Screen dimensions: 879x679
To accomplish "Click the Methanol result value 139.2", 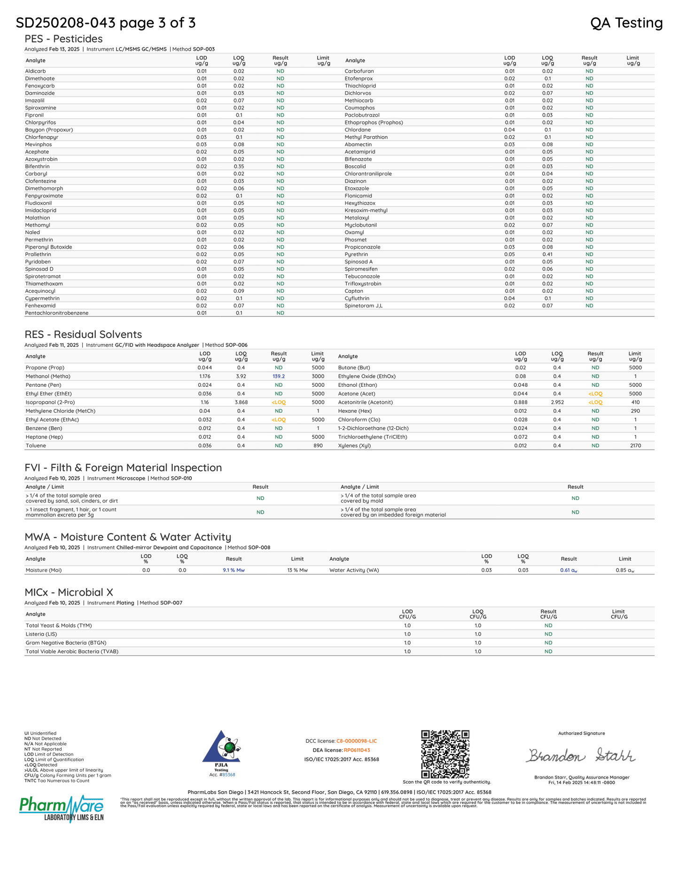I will click(279, 377).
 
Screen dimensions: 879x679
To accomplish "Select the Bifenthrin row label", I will click(37, 166).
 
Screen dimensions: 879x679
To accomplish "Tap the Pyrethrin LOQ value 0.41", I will click(547, 254).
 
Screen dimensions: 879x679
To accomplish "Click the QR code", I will click(445, 754).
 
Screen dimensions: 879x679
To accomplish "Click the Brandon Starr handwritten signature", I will click(581, 756).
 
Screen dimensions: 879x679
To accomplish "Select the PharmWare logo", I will click(62, 808).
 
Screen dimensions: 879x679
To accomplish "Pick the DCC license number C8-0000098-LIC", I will click(357, 741).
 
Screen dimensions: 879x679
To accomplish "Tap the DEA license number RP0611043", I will click(357, 750).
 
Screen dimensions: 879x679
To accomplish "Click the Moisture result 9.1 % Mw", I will click(234, 570).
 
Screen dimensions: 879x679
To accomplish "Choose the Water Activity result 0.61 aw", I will click(569, 570).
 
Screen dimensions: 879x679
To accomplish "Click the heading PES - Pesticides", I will click(63, 39).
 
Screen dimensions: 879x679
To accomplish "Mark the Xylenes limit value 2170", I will click(635, 446).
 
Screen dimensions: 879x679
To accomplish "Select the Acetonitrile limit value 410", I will click(635, 402).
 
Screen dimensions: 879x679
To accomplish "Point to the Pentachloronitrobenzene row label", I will click(57, 313).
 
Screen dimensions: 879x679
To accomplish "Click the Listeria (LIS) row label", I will click(41, 634).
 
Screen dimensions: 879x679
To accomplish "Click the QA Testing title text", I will click(626, 23).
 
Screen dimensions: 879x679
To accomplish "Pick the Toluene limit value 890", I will click(318, 446).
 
